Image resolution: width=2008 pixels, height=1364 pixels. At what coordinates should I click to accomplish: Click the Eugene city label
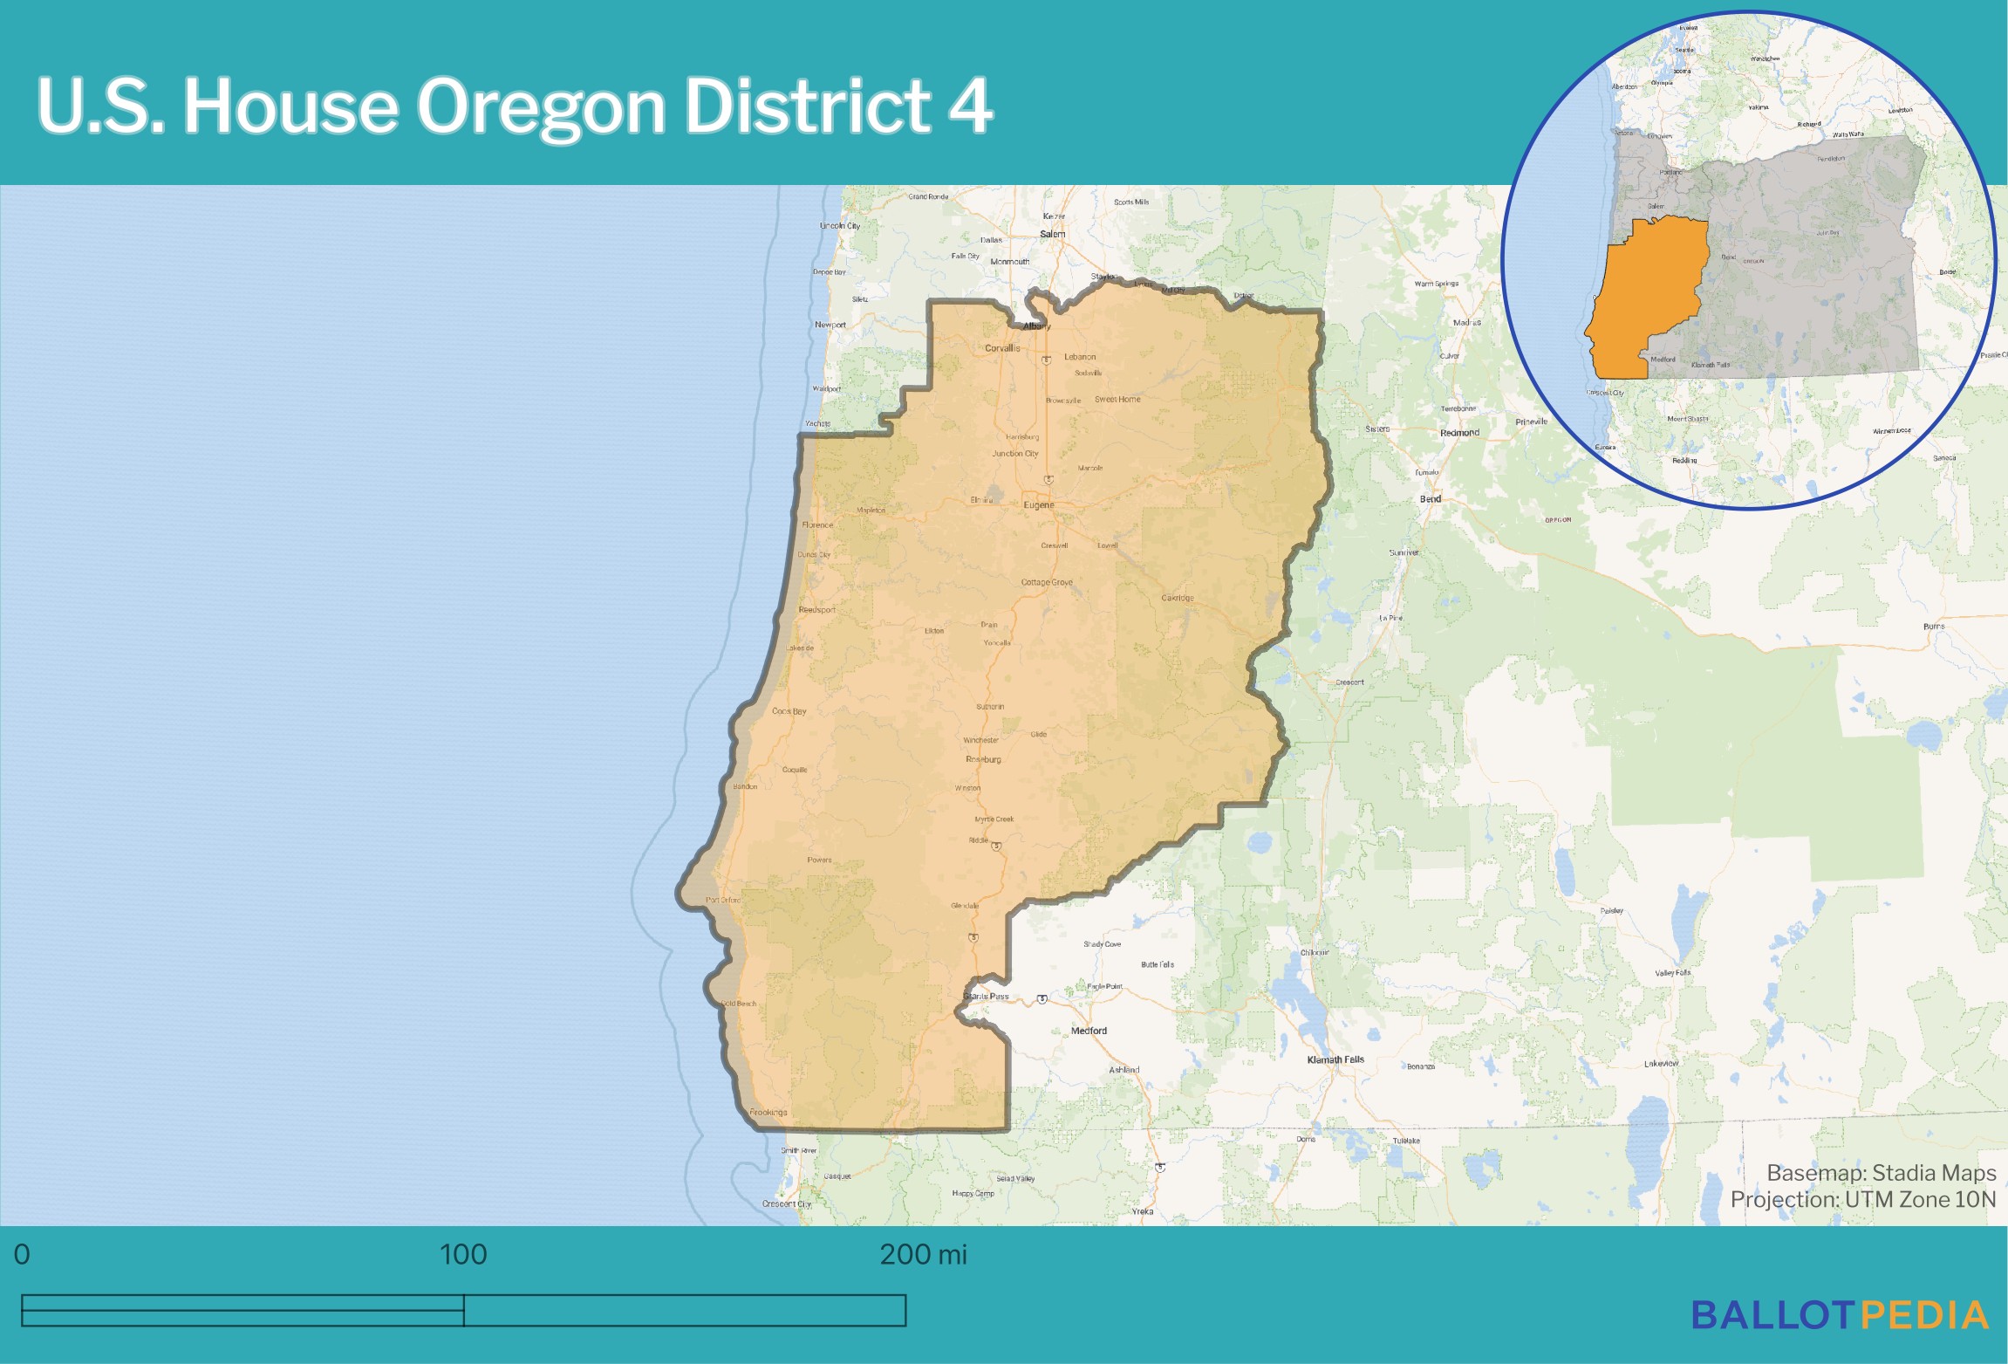1038,504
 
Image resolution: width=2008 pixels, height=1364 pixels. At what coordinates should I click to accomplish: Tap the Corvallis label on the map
1002,347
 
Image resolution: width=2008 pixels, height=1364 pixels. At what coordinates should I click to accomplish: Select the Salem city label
1052,234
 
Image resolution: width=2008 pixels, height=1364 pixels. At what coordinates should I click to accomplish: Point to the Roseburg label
983,759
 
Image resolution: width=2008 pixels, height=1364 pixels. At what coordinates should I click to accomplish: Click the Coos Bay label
789,711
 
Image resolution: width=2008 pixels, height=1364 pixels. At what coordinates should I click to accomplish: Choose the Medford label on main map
1089,1031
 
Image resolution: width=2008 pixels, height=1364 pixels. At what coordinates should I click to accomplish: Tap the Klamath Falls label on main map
1335,1059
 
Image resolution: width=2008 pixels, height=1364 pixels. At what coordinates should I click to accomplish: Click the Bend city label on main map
1430,499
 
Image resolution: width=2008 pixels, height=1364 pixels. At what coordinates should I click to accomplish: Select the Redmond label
1459,433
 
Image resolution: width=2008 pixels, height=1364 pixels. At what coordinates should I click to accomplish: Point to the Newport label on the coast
830,325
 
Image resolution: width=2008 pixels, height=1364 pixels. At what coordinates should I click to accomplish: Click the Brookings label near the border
768,1112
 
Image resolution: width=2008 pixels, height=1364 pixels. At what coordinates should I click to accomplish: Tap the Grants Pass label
986,996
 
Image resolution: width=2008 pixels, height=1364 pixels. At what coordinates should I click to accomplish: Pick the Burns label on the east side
1934,627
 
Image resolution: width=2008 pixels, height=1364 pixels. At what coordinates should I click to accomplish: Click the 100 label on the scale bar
463,1255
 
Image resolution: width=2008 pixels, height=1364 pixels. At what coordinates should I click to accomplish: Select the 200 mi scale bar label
923,1255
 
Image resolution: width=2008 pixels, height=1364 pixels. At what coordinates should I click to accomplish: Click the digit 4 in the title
970,106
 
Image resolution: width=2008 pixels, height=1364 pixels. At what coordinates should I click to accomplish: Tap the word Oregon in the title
541,106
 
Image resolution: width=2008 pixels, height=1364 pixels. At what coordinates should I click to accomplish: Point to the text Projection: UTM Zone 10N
1862,1200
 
